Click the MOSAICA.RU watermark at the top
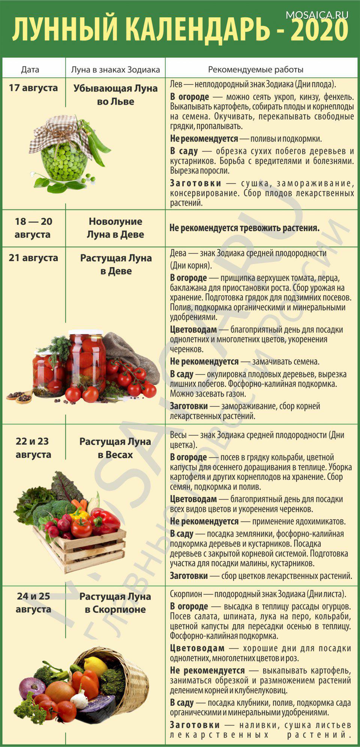(x=317, y=15)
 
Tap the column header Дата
(x=30, y=69)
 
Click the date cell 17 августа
(x=33, y=88)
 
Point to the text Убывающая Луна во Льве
(x=115, y=95)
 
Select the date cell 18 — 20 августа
(x=33, y=228)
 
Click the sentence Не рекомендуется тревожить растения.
(x=244, y=228)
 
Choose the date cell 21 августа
(x=33, y=258)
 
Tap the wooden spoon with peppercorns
(x=23, y=397)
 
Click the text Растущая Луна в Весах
(x=115, y=448)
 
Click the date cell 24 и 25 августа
(x=33, y=602)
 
